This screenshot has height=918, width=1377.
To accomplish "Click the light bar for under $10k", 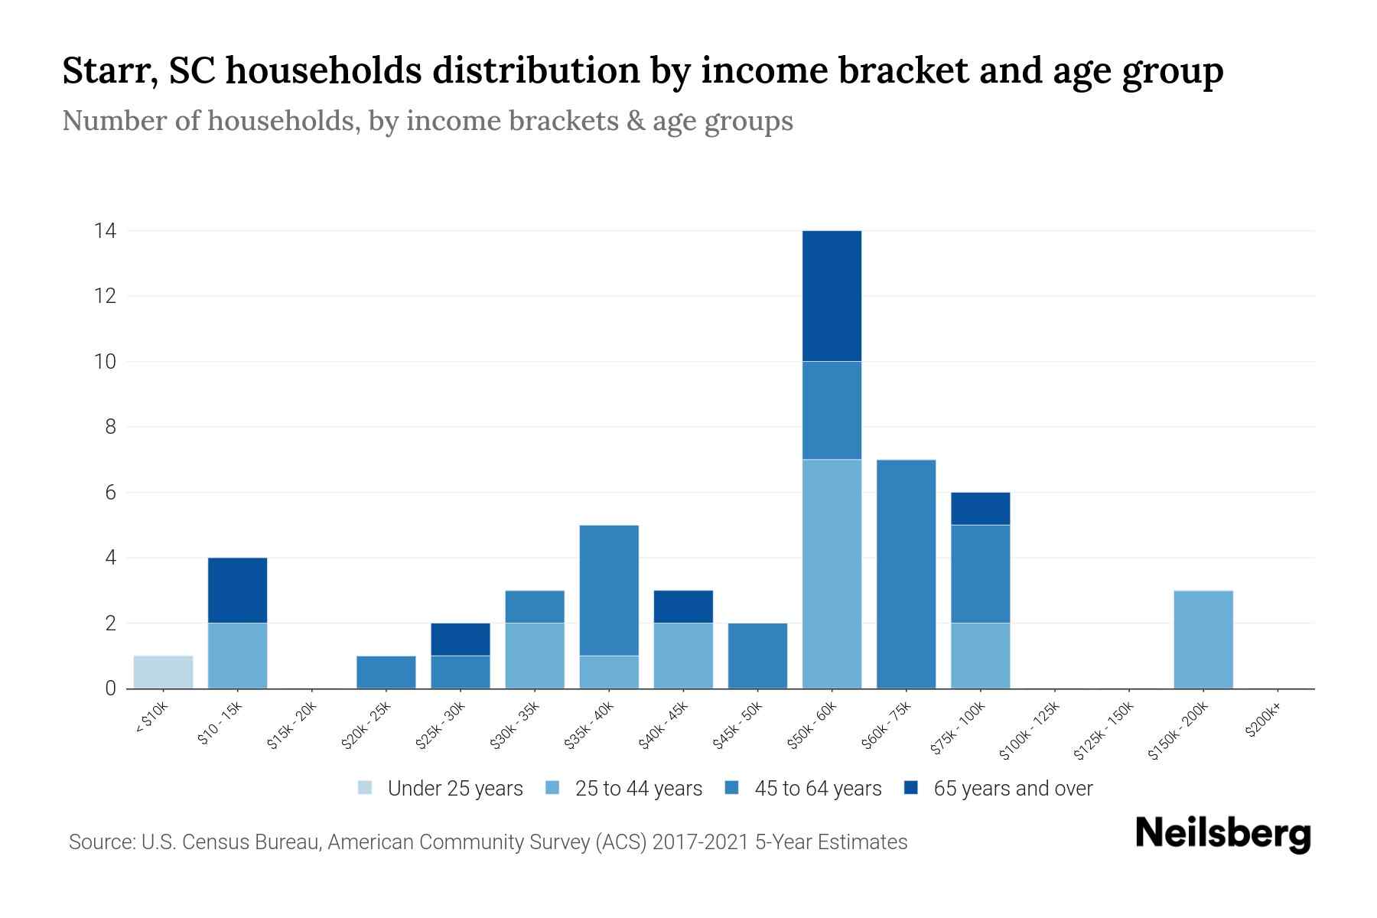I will pyautogui.click(x=163, y=672).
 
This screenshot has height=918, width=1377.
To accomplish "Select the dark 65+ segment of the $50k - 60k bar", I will pyautogui.click(x=832, y=295).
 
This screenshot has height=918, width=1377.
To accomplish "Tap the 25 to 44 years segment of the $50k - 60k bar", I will pyautogui.click(x=832, y=574).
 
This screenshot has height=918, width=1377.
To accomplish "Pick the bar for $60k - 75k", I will pyautogui.click(x=906, y=574).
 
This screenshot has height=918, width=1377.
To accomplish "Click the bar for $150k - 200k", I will pyautogui.click(x=1203, y=640).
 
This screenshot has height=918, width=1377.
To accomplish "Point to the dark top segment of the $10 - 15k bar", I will pyautogui.click(x=237, y=590).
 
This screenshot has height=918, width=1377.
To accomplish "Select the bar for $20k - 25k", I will pyautogui.click(x=386, y=672).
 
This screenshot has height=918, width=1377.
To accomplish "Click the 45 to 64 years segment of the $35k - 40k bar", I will pyautogui.click(x=609, y=590).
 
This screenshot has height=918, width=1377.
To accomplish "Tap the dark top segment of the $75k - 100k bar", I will pyautogui.click(x=980, y=508).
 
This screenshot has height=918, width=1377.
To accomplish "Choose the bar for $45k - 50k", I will pyautogui.click(x=757, y=656).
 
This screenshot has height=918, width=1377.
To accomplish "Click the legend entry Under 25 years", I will pyautogui.click(x=441, y=788).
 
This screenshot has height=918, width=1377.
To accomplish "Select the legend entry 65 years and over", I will pyautogui.click(x=998, y=788).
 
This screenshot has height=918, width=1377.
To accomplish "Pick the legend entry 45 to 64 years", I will pyautogui.click(x=803, y=788).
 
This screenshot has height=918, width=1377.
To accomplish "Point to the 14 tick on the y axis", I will pyautogui.click(x=105, y=230).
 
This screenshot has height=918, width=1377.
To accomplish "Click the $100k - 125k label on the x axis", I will pyautogui.click(x=1030, y=731).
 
